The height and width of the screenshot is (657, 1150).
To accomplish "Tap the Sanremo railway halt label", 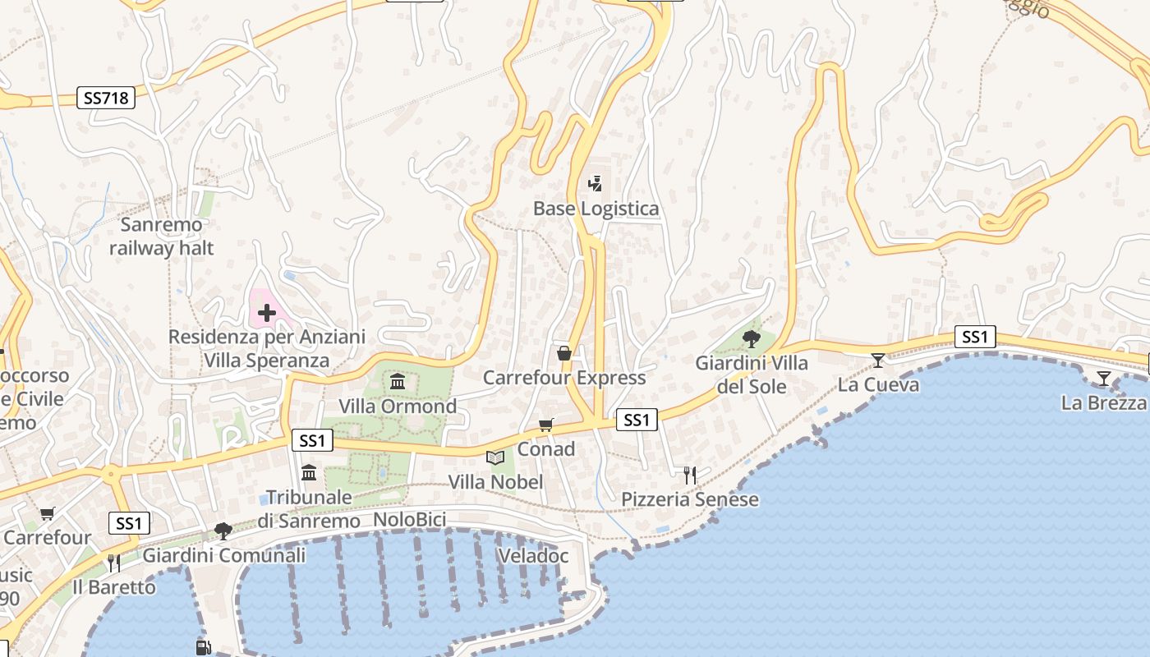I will [x=162, y=237].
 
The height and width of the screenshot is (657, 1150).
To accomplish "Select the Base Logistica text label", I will [x=596, y=209].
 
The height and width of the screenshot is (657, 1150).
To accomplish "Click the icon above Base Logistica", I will [x=596, y=184].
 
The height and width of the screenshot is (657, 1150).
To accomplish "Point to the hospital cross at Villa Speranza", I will [x=267, y=313].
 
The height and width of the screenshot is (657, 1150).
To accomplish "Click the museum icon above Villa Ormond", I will [x=398, y=381].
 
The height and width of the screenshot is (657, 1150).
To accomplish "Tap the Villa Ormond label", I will [x=398, y=407].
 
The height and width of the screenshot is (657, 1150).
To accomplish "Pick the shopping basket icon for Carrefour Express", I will [x=564, y=353].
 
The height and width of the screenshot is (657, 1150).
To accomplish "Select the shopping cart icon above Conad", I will [x=546, y=425].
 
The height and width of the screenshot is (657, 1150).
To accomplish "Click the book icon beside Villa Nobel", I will [x=495, y=457].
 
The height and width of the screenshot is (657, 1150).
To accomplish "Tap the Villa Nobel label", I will [x=496, y=482].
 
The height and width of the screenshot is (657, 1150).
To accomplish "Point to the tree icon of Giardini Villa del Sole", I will [x=751, y=338].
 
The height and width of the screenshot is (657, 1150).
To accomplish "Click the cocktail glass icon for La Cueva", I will [x=878, y=360].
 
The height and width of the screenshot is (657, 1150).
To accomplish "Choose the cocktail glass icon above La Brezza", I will [x=1103, y=379].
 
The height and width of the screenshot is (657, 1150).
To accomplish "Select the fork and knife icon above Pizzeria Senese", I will [x=690, y=475].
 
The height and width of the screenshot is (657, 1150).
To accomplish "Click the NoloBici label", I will [x=409, y=520].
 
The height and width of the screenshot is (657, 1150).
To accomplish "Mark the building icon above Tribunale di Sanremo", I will [x=309, y=472].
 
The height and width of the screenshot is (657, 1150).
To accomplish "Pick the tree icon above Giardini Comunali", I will [x=223, y=531].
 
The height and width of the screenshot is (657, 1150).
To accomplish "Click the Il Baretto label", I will [x=114, y=587].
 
